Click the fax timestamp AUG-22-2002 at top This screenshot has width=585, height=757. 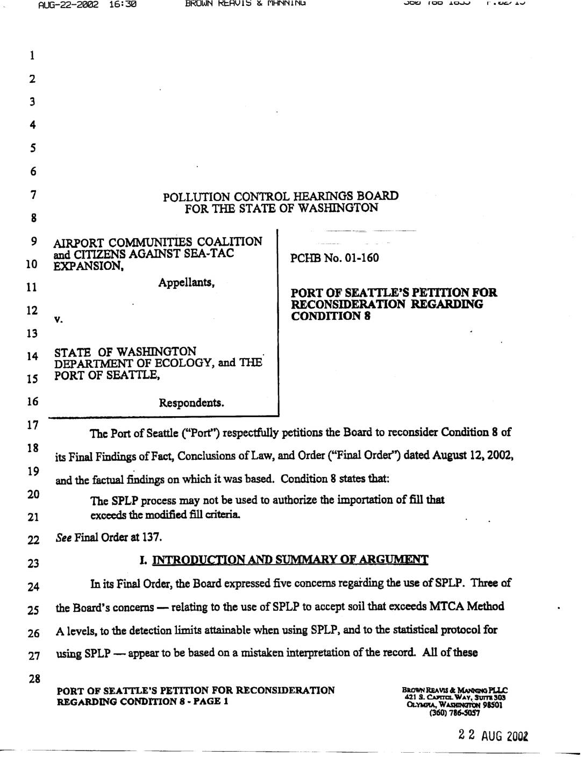[x=68, y=5]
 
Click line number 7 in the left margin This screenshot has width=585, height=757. [x=33, y=195]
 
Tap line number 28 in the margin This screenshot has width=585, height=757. [x=34, y=679]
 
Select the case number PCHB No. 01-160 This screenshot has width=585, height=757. [x=334, y=258]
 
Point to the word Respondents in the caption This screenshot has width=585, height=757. [x=191, y=403]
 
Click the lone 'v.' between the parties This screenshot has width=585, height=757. [x=58, y=320]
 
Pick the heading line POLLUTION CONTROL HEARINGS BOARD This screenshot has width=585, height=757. [x=281, y=196]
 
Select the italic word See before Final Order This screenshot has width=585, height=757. [x=63, y=537]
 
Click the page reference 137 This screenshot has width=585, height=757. [x=153, y=537]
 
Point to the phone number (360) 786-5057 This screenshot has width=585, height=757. [x=454, y=713]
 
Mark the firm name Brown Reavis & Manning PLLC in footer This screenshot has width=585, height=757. [x=454, y=690]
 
